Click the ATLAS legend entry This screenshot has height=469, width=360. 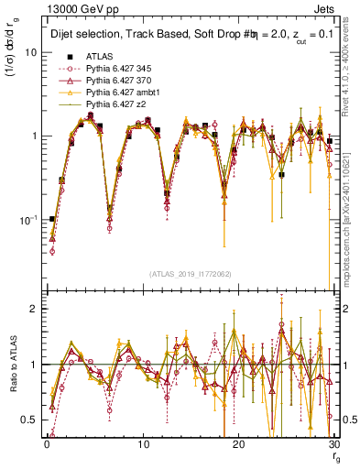point(98,57)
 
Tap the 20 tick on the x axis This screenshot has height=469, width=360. point(238,443)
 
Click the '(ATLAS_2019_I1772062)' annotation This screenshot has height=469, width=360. point(190,273)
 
